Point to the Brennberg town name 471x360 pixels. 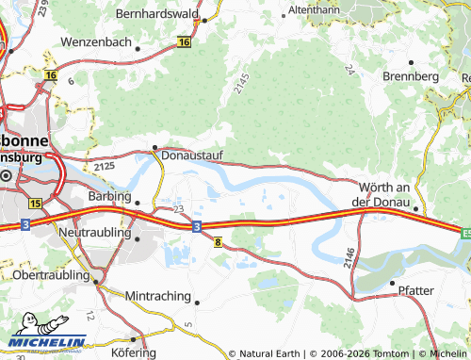[411, 75]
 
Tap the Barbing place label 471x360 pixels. [107, 198]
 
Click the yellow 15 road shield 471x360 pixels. [35, 203]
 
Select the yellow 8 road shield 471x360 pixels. [218, 242]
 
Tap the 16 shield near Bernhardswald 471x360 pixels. [184, 42]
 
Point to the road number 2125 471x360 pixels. [105, 167]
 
